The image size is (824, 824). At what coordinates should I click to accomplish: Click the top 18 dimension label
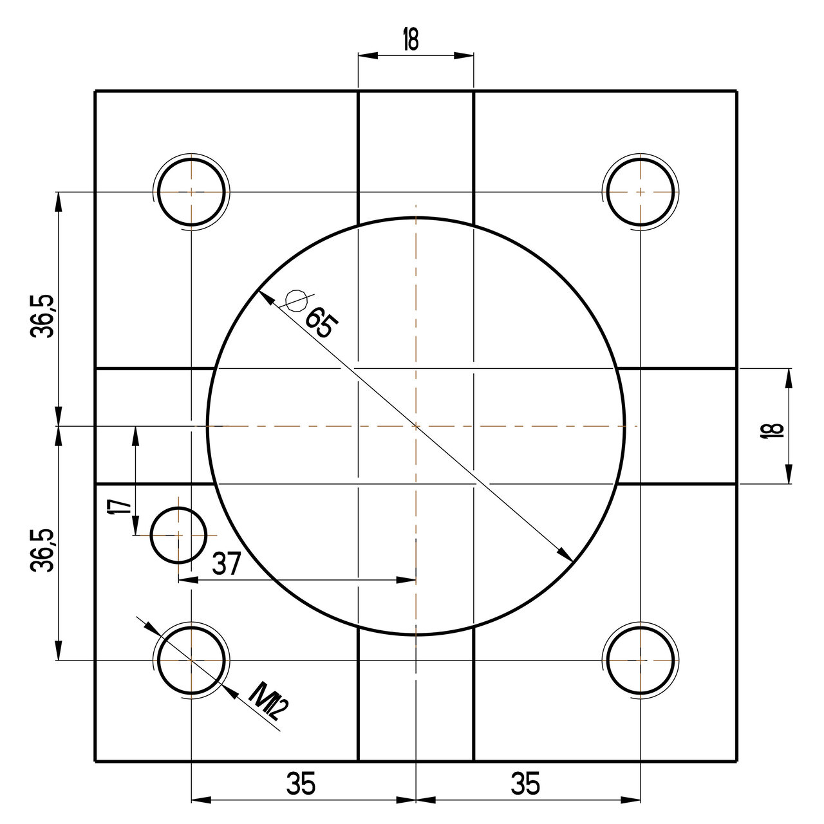coord(410,39)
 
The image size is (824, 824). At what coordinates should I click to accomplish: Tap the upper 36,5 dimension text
coord(43,317)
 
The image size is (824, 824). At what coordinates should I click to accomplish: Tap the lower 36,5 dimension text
coord(43,551)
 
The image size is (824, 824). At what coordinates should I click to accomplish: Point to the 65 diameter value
coord(319,323)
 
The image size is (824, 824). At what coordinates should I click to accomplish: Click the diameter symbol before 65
coord(296,300)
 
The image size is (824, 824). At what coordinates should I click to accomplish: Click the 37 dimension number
coord(226,565)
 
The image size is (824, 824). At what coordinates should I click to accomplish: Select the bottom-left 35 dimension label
coord(301,785)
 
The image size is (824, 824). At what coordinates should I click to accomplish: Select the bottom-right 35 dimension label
coord(525,785)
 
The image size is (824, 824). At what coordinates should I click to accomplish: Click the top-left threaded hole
coord(191,192)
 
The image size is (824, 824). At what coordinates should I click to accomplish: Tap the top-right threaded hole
coord(641,192)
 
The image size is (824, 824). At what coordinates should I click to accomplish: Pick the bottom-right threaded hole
coord(641,660)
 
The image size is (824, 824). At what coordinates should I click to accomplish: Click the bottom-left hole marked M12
coord(191,660)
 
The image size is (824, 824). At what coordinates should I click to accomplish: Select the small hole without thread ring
coord(178,535)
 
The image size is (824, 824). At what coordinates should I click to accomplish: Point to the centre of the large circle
coord(417,426)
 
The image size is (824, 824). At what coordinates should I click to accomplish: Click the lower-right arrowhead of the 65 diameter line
coord(566,556)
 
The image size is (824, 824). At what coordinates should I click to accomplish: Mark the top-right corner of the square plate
coord(737,91)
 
